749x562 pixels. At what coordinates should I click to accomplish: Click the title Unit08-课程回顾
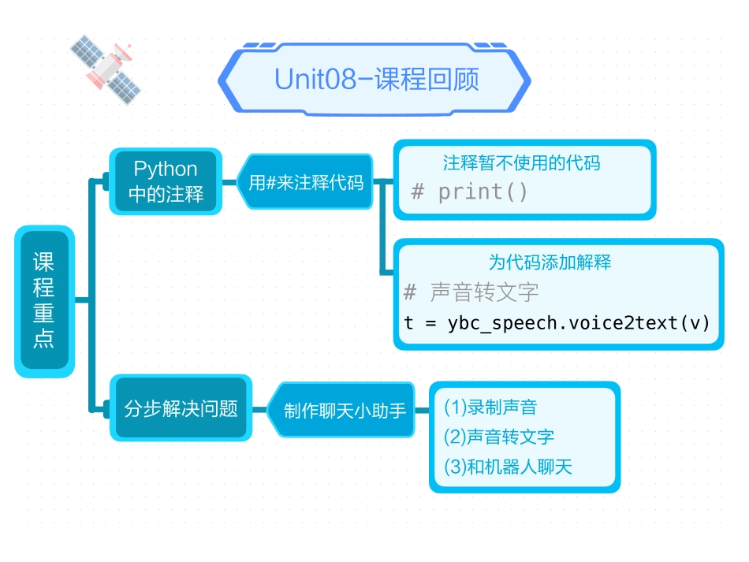(376, 80)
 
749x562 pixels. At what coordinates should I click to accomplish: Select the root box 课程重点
(44, 300)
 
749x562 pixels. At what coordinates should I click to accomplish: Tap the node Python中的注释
(166, 181)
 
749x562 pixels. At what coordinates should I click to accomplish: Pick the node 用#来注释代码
(306, 182)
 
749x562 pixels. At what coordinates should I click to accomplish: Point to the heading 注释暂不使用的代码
(521, 163)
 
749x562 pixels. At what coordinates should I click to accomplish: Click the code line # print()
(470, 192)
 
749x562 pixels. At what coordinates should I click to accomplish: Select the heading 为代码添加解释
(550, 262)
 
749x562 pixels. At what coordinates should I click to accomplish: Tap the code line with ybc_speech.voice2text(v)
(557, 322)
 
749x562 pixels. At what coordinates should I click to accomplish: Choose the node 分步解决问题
(181, 408)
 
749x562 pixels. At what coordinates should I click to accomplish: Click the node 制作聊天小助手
(345, 410)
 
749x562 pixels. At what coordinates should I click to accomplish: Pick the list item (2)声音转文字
(499, 437)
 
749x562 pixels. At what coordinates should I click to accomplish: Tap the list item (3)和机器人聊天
(508, 467)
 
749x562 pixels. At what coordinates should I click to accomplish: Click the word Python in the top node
(166, 169)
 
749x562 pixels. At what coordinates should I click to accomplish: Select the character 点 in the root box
(44, 340)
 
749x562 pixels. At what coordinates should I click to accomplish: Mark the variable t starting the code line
(408, 323)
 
